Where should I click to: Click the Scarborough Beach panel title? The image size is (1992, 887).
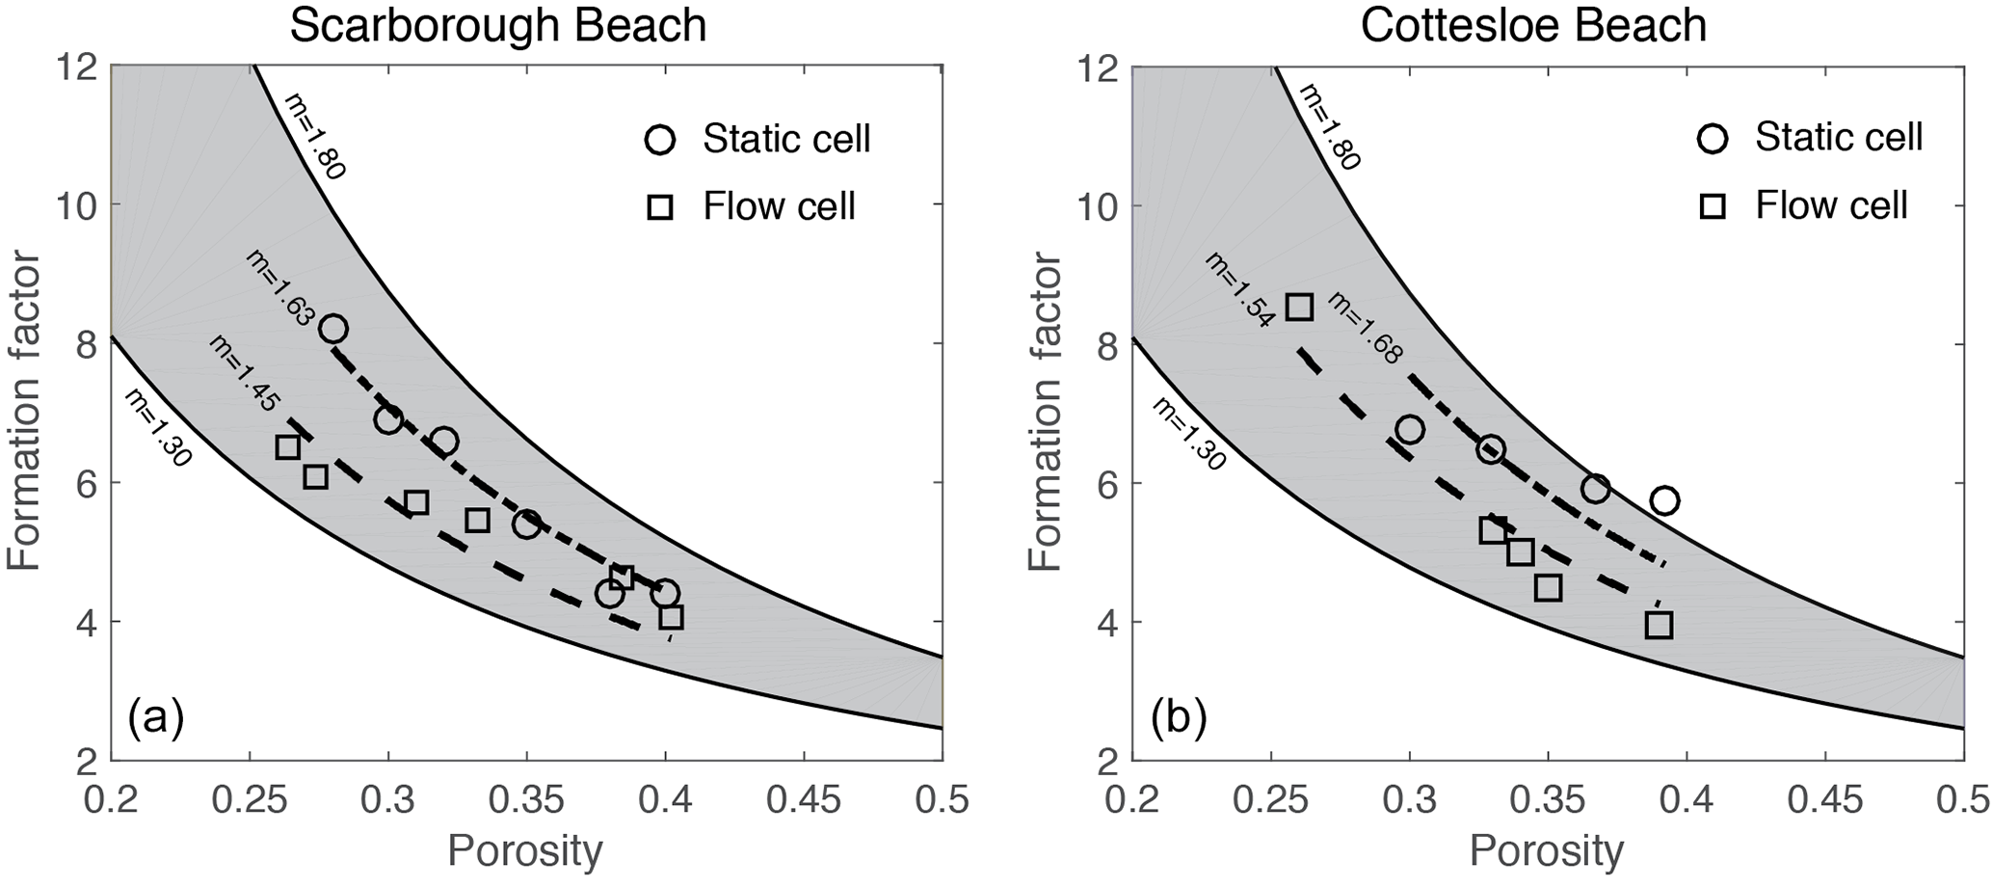click(x=498, y=26)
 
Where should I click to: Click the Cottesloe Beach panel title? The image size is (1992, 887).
click(x=1533, y=26)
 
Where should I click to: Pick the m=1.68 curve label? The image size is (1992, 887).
click(x=1366, y=329)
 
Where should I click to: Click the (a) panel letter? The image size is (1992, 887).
click(x=155, y=718)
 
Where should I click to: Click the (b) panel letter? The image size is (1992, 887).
click(x=1178, y=718)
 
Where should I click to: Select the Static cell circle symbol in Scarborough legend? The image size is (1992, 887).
click(x=660, y=140)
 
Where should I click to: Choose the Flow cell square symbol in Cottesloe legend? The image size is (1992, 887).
click(x=1713, y=206)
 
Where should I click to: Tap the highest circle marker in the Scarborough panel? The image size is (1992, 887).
click(x=333, y=329)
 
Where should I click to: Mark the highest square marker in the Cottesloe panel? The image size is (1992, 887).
click(x=1299, y=308)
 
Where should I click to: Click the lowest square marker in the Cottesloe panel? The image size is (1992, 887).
click(x=1659, y=626)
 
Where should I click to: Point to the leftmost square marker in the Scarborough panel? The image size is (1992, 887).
click(x=287, y=447)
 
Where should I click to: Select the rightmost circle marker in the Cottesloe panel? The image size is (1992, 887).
click(x=1664, y=500)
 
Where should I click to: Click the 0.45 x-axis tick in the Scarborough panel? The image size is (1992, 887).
click(x=804, y=801)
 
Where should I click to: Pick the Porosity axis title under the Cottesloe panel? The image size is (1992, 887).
click(x=1547, y=852)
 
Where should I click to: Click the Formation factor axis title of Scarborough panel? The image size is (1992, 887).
click(x=25, y=413)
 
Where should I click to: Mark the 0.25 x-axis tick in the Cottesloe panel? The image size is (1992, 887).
click(x=1271, y=801)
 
